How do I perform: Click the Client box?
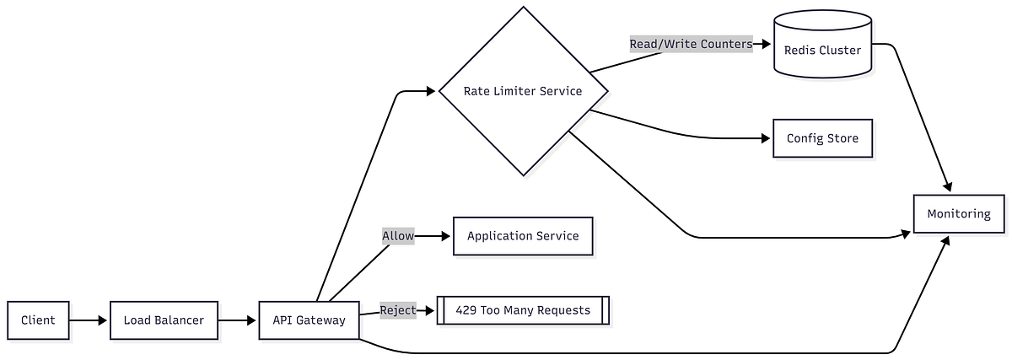[x=38, y=320]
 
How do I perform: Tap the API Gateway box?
[x=309, y=320]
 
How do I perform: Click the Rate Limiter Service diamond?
[x=523, y=91]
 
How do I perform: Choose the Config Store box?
[x=822, y=138]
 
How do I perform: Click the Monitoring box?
[x=959, y=213]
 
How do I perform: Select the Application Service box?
[x=523, y=236]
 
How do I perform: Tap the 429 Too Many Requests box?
[x=523, y=310]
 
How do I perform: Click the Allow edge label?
[x=398, y=236]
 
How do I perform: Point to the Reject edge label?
[x=398, y=310]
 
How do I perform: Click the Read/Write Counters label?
[x=691, y=44]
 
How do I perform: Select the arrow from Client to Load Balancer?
[x=89, y=320]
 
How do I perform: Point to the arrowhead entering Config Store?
[x=767, y=138]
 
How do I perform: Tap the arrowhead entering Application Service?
[x=448, y=236]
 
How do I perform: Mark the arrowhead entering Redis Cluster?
[x=767, y=44]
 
